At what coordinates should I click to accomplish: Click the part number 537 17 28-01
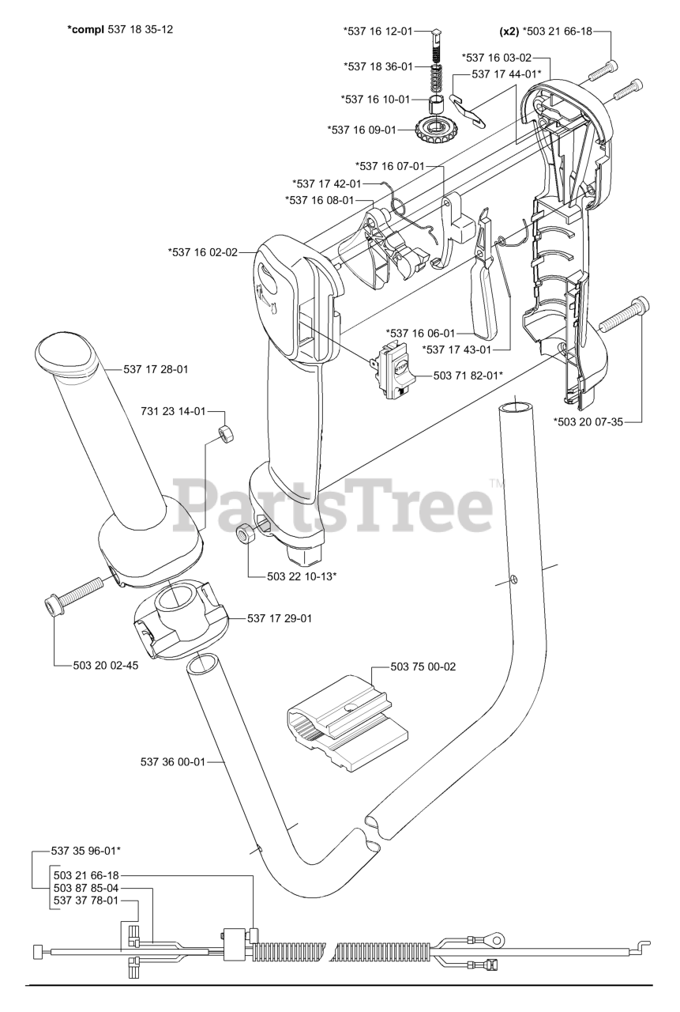tap(156, 368)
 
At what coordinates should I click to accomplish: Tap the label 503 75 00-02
tap(423, 666)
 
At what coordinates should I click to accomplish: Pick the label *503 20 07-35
tap(588, 421)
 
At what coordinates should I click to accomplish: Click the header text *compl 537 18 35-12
tap(121, 29)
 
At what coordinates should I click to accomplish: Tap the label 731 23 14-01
tap(173, 411)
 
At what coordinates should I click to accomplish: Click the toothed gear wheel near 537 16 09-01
tap(433, 126)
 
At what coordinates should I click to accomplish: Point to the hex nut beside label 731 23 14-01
tap(225, 434)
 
